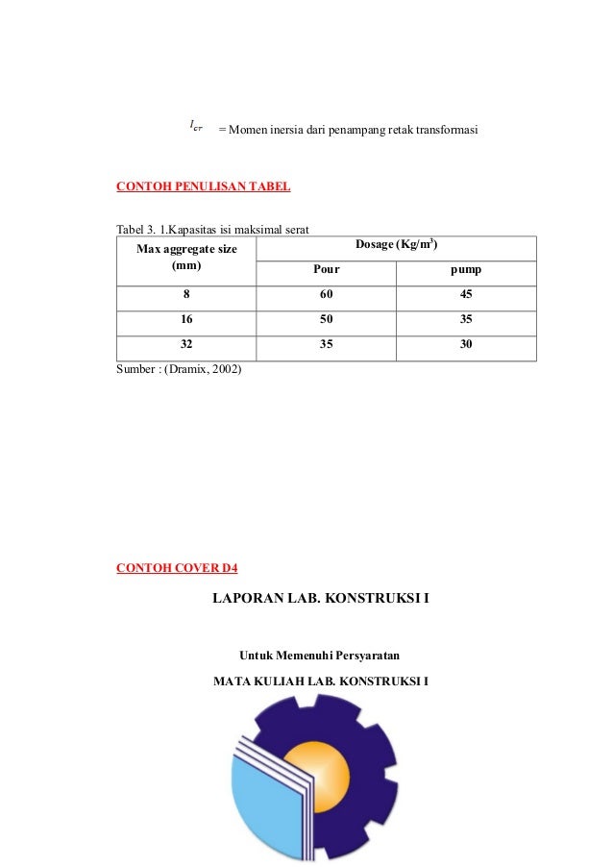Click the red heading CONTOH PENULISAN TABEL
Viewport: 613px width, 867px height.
(x=203, y=186)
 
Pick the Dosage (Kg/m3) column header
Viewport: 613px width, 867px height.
(x=397, y=245)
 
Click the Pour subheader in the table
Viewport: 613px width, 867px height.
(x=327, y=271)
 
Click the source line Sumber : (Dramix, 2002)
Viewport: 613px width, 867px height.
(x=180, y=368)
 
